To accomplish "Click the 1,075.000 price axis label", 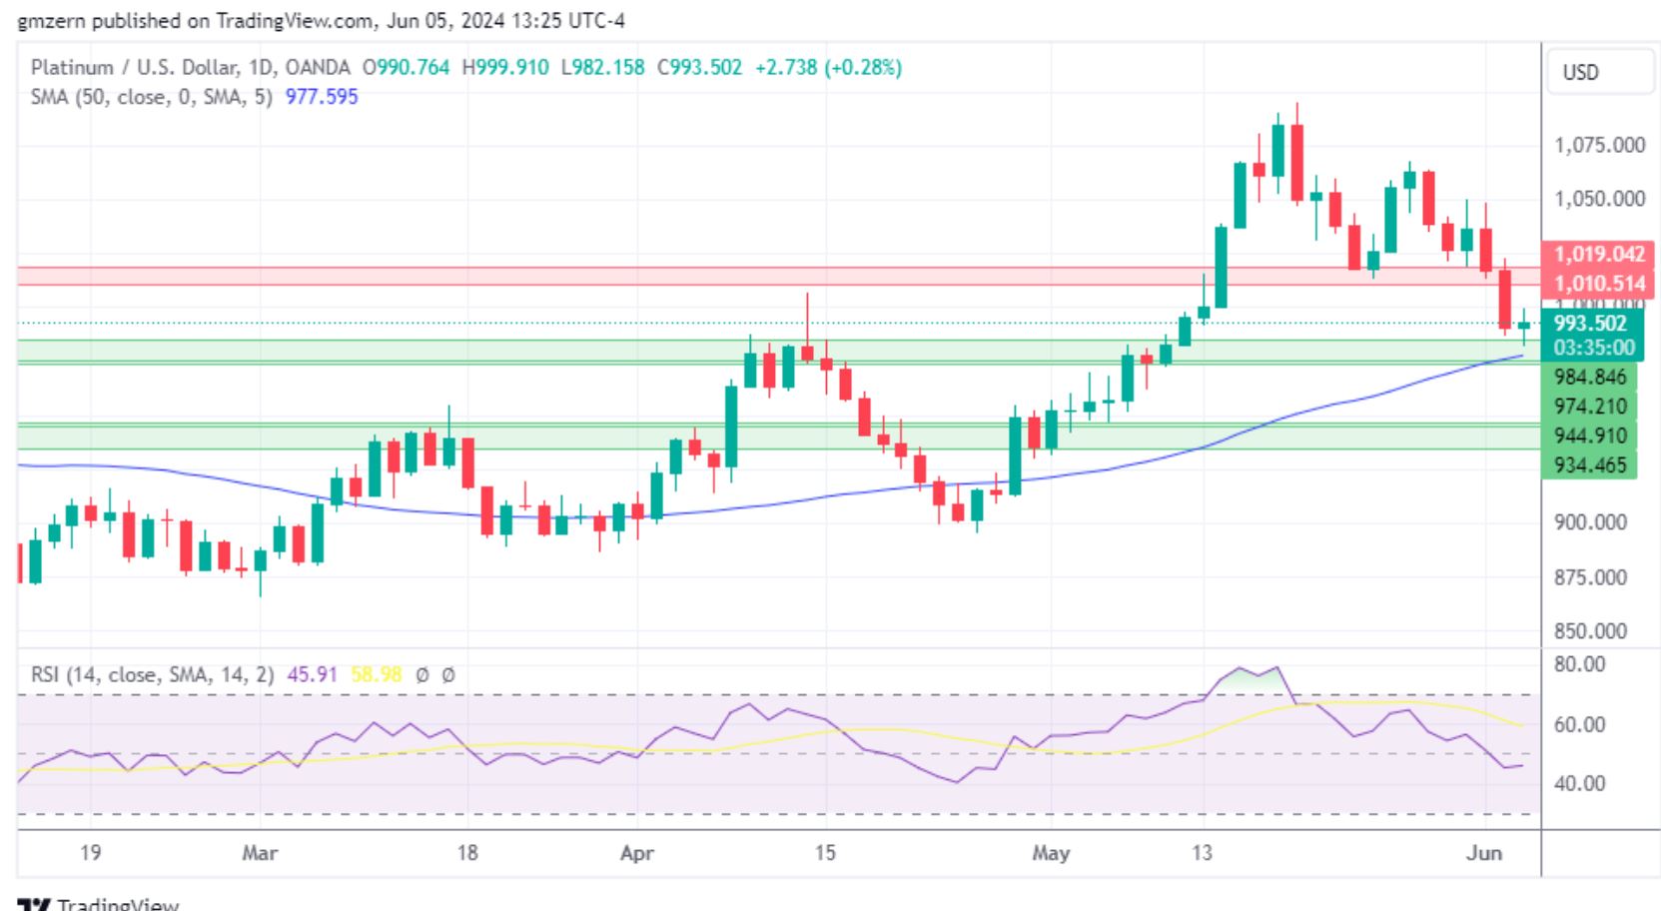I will (x=1598, y=145).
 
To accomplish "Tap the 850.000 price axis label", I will (x=1590, y=631).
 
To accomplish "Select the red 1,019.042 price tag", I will (x=1598, y=255).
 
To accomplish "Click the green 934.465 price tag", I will (x=1590, y=465).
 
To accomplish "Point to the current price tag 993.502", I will (x=1590, y=324).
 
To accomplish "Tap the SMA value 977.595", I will (x=321, y=97).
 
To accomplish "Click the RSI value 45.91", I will (x=312, y=675).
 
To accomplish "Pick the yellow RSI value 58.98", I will (x=376, y=675).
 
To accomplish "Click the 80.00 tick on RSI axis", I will (x=1579, y=664).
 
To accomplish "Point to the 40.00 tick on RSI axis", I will (x=1579, y=783).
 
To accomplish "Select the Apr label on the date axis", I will (x=636, y=853).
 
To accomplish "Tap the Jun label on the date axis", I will (x=1484, y=853).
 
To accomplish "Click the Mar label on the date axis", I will (x=260, y=853).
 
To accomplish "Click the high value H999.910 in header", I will (x=504, y=68).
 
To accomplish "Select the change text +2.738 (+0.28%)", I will (x=828, y=68).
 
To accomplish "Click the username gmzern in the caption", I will (x=48, y=20).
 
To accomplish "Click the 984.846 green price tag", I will (x=1590, y=378).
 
